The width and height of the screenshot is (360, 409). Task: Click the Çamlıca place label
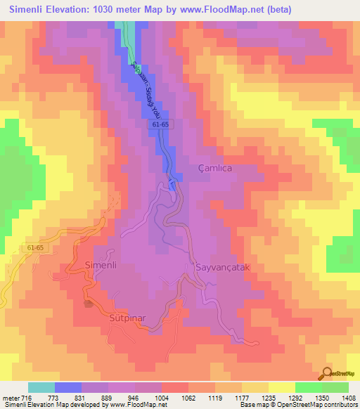tap(214, 169)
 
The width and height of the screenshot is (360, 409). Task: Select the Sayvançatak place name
tap(217, 268)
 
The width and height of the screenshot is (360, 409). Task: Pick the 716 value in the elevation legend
tap(26, 398)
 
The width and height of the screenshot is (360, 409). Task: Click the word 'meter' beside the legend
tap(10, 398)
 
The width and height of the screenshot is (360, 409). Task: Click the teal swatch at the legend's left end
tap(41, 387)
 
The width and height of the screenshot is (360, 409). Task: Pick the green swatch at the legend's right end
tap(335, 387)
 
